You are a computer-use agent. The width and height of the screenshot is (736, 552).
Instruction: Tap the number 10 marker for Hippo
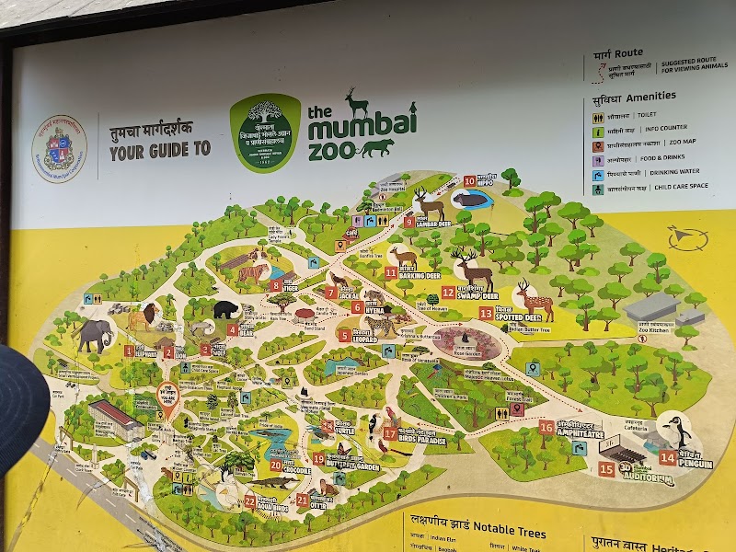(x=469, y=181)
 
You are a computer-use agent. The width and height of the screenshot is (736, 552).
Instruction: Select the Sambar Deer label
(x=431, y=223)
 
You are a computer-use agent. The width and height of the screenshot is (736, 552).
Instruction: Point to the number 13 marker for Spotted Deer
(x=486, y=314)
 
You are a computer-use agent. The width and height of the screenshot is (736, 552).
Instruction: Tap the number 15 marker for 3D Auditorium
(x=606, y=468)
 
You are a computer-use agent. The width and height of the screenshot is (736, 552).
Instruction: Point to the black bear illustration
(x=225, y=310)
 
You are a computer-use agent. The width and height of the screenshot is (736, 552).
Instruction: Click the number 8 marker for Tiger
(x=276, y=285)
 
